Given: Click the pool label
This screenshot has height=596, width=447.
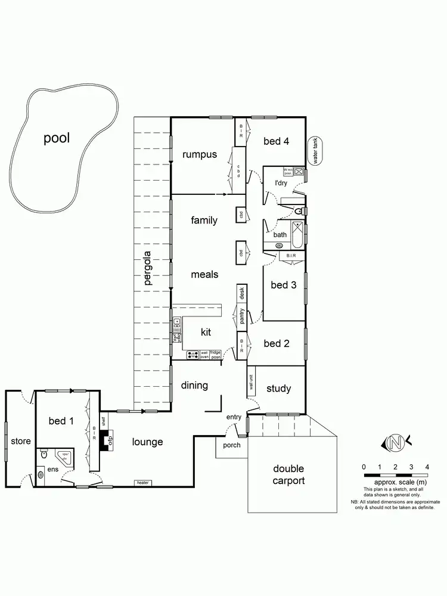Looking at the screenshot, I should pos(57,138).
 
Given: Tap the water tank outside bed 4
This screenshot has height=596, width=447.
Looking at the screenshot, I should pos(315,151).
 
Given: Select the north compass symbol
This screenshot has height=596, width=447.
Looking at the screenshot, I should pos(394,443).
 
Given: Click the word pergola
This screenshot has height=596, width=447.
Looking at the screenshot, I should pos(147,270).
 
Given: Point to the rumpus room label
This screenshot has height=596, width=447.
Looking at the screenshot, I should pos(199,155).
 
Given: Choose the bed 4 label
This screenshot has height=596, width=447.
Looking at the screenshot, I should pos(276,141).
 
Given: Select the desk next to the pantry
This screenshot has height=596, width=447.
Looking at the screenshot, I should pos(242,293).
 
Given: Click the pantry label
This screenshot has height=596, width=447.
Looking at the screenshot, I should pos(242,315).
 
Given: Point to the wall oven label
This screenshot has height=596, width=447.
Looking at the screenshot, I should pos(204,355).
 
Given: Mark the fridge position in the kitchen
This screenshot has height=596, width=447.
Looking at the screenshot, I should pos(215,355).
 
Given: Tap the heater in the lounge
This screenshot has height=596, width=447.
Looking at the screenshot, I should pos(142,482).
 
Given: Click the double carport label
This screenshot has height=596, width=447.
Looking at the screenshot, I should pos(288,475).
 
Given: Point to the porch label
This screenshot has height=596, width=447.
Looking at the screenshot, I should pos(231,445).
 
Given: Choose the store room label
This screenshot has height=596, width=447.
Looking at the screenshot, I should pos(21,442).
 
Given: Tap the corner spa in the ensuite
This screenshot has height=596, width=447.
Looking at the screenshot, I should pos(64,456).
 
